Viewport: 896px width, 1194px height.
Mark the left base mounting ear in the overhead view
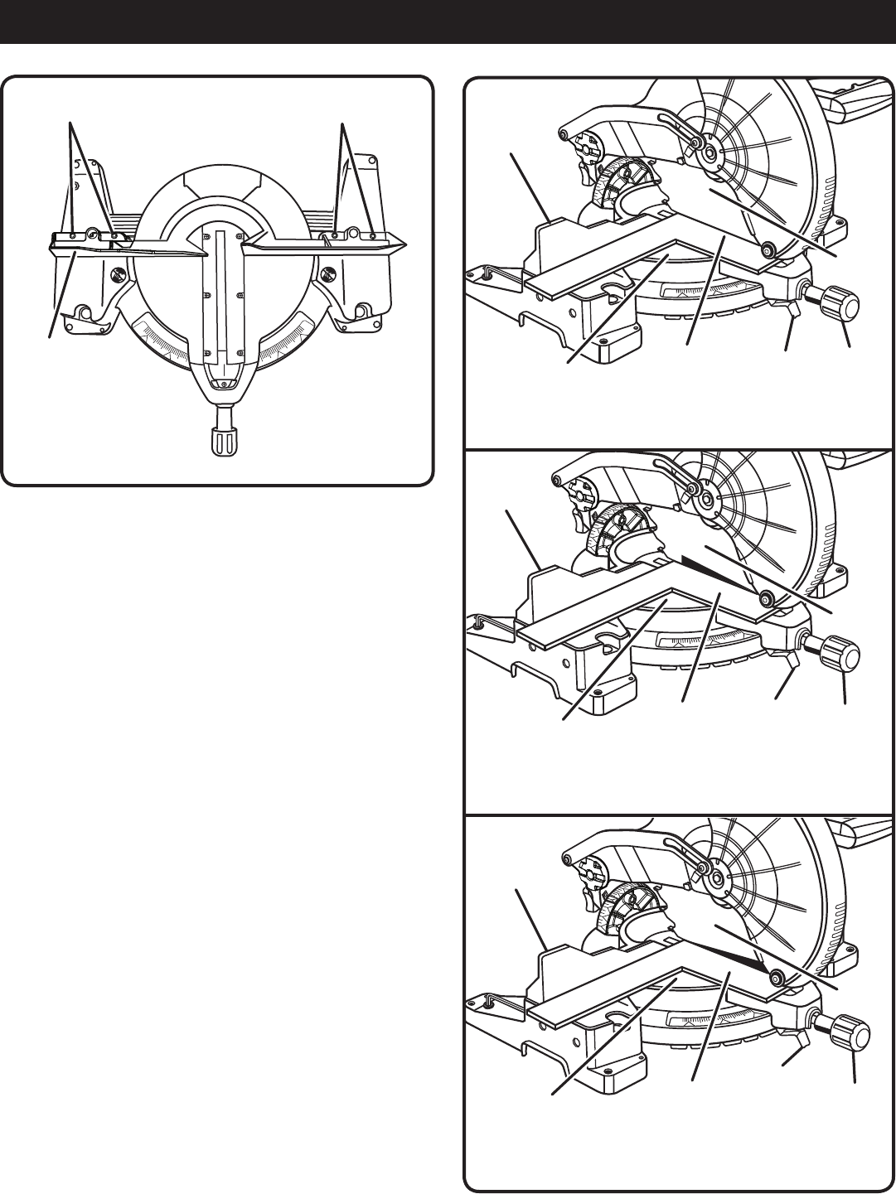tap(82, 312)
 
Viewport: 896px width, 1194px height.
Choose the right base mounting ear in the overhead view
tap(358, 312)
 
